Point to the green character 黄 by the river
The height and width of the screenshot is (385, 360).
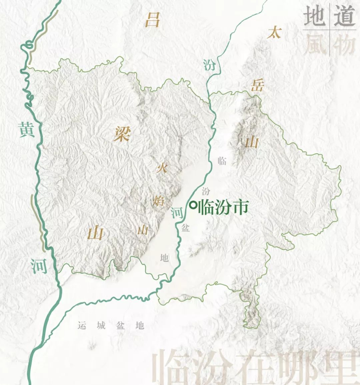click(26, 129)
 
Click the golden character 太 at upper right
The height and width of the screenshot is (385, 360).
click(274, 33)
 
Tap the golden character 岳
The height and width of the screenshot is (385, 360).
click(258, 86)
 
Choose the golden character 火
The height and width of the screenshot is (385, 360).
click(162, 168)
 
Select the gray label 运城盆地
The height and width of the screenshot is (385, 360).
click(111, 325)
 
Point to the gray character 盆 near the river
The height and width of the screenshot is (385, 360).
click(185, 228)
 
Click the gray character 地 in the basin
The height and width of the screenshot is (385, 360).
click(164, 257)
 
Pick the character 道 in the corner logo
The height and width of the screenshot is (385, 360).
click(344, 16)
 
